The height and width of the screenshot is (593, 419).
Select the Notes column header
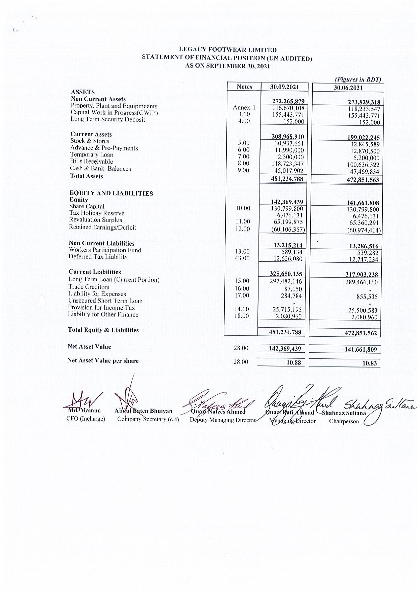[244, 87]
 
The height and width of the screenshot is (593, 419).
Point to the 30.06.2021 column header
[348, 88]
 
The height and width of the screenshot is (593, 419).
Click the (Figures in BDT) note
[358, 80]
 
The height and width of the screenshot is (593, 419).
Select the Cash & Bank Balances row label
[100, 168]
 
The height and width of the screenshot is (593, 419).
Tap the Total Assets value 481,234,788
[287, 179]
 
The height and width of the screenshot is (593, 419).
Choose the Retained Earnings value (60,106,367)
[288, 230]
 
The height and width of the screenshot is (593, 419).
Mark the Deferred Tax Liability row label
[98, 257]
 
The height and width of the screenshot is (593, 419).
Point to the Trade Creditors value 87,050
[293, 289]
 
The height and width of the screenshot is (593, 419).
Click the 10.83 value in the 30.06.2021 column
[369, 363]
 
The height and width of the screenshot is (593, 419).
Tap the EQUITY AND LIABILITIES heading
[111, 193]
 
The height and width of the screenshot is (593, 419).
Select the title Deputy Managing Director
[221, 420]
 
